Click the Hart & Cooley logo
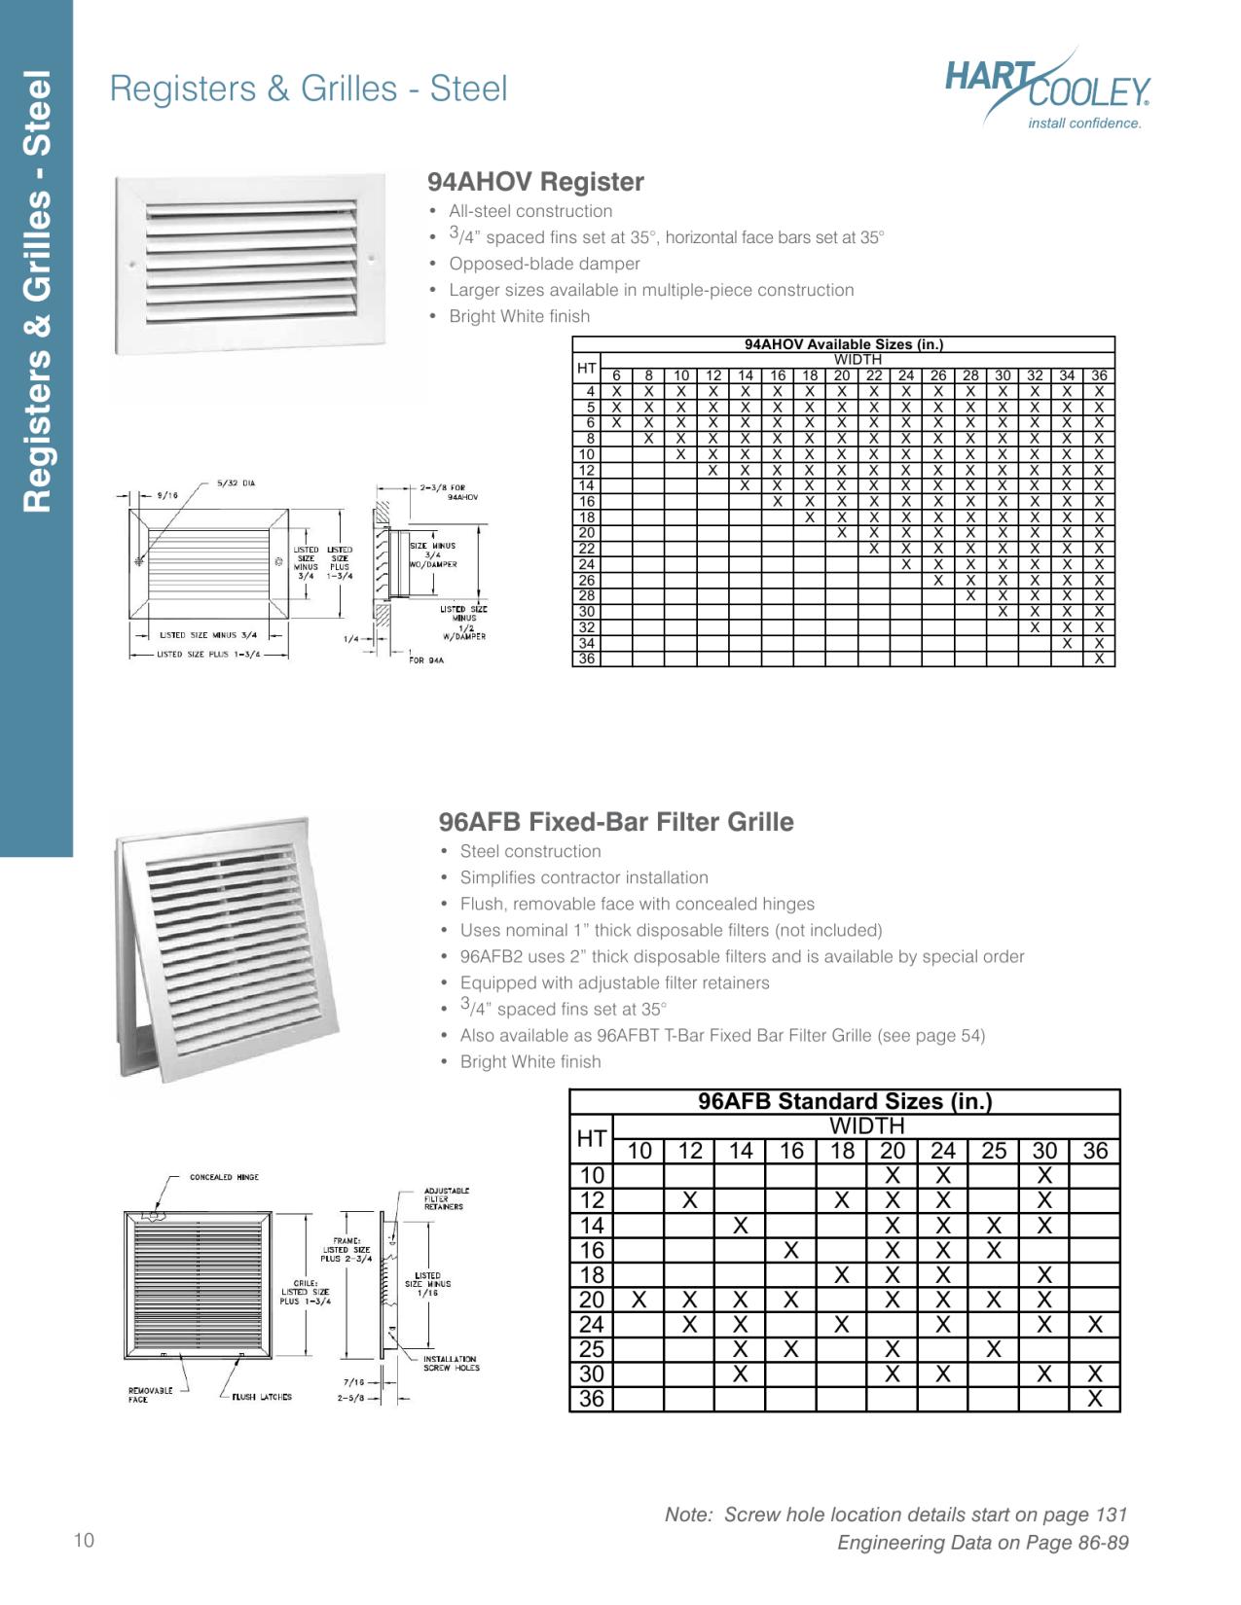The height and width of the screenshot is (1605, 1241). (1047, 94)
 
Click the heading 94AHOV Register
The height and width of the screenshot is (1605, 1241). (535, 182)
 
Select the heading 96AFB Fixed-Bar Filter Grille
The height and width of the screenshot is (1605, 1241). (616, 822)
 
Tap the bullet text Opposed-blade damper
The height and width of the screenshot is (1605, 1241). (544, 264)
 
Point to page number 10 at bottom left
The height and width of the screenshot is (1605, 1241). (84, 1540)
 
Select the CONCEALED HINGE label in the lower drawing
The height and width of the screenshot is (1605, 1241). (224, 1177)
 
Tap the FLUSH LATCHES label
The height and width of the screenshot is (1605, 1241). (261, 1397)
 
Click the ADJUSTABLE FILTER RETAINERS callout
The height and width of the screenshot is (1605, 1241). (447, 1198)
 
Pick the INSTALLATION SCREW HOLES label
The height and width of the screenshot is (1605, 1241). (451, 1363)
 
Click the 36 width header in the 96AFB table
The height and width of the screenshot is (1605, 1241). (1095, 1151)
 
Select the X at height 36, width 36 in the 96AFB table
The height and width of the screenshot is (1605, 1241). (1095, 1399)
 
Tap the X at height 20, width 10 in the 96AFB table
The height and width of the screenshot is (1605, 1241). (639, 1300)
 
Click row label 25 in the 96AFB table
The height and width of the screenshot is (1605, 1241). (591, 1349)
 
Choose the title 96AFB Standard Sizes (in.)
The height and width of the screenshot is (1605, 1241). (844, 1101)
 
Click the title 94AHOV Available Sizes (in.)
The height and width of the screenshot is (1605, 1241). (843, 344)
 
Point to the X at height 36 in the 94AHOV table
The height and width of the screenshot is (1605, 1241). (1099, 659)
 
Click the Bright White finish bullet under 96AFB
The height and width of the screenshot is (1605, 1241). (530, 1061)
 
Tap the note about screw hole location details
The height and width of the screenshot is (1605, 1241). (895, 1515)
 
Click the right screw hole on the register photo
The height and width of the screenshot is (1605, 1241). (372, 258)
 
